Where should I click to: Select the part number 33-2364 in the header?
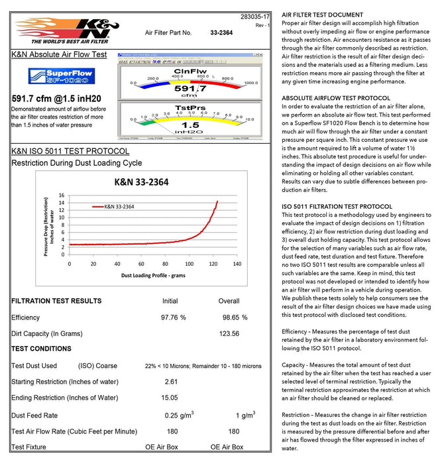(222, 32)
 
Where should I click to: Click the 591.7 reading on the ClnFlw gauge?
(190, 88)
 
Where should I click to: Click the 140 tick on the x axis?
(237, 264)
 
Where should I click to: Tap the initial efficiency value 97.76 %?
(173, 318)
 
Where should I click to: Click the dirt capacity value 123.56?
(229, 333)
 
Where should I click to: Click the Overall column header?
(229, 301)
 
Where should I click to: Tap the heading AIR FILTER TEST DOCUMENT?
(322, 15)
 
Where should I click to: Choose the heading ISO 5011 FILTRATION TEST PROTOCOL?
(337, 206)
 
